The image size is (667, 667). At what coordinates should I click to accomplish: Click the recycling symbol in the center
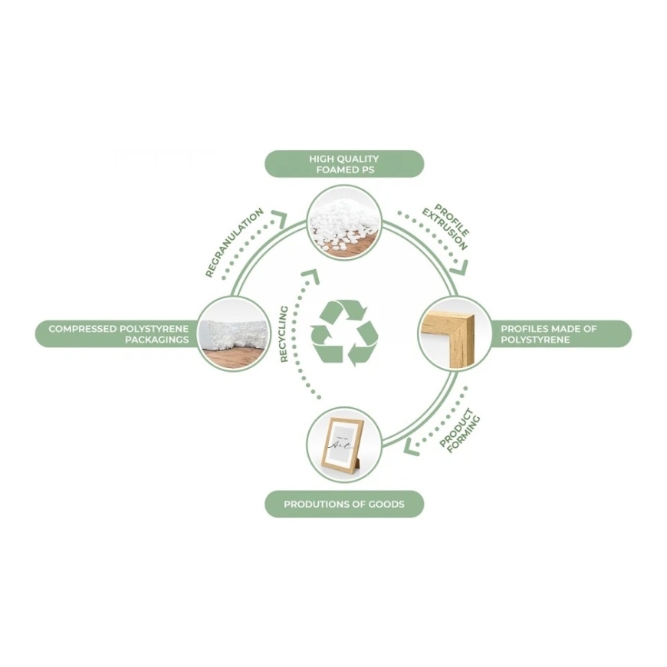[344, 333]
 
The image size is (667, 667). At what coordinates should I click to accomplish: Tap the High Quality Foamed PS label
[344, 164]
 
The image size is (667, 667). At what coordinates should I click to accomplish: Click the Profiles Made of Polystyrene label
[560, 334]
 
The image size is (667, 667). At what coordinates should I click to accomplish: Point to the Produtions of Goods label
[344, 504]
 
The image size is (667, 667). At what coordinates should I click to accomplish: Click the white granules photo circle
[344, 222]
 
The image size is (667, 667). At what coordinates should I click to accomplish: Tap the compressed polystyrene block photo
[234, 334]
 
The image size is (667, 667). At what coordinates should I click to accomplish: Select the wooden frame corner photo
[455, 334]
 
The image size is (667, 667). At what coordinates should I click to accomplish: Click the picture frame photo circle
[344, 445]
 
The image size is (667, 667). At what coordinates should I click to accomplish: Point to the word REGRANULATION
[235, 242]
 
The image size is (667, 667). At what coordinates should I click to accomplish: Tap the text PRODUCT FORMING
[459, 430]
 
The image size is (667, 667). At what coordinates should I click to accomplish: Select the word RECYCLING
[284, 334]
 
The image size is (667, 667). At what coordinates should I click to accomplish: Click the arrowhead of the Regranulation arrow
[279, 219]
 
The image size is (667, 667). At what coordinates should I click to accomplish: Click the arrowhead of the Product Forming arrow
[411, 447]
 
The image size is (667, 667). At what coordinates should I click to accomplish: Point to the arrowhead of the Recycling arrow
[311, 276]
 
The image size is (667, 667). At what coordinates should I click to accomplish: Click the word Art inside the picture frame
[341, 445]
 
